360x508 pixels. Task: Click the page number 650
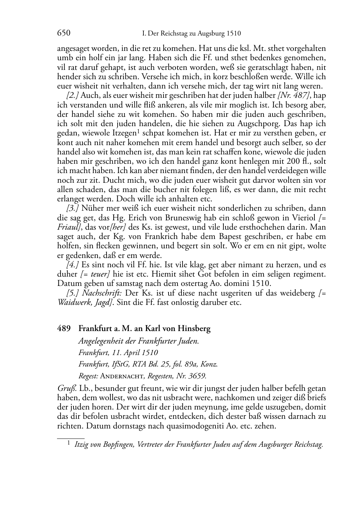pos(63,33)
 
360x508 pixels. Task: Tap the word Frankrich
pos(138,236)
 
